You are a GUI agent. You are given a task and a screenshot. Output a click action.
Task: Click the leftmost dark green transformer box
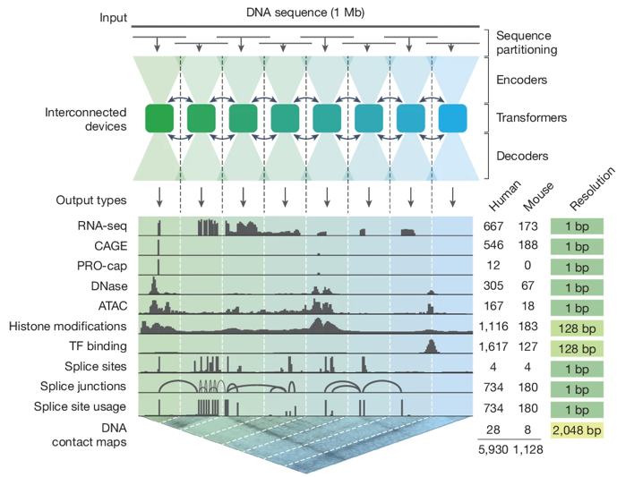[x=159, y=118]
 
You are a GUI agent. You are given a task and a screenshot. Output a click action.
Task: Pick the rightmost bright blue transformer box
[x=452, y=118]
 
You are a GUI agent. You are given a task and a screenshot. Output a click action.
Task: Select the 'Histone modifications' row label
[x=67, y=326]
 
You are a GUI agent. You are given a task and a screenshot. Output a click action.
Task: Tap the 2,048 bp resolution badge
[x=576, y=430]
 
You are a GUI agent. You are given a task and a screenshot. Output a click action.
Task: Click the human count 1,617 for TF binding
[x=493, y=345]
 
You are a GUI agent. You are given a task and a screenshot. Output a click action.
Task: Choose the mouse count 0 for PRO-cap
[x=528, y=266]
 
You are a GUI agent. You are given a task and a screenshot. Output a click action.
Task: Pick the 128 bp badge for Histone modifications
[x=576, y=326]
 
